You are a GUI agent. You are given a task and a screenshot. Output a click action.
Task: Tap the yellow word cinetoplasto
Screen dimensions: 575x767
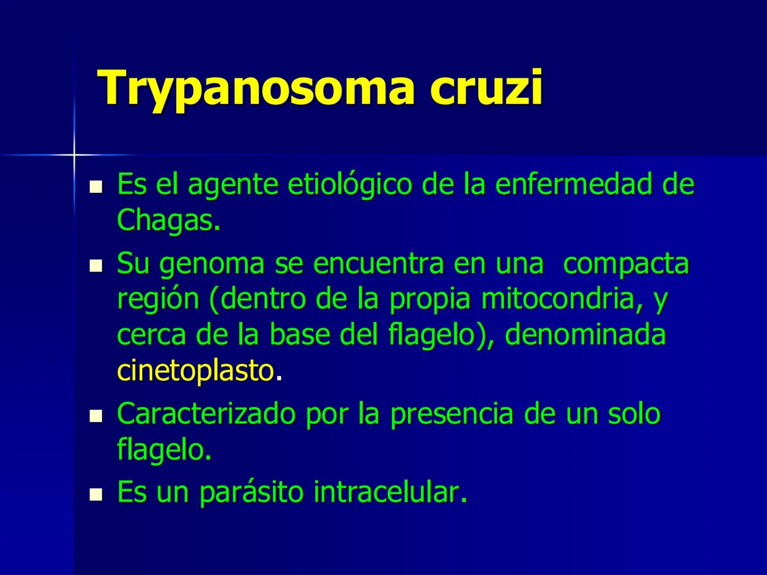pos(195,371)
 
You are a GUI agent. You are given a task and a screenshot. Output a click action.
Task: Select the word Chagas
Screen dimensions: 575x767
pos(167,219)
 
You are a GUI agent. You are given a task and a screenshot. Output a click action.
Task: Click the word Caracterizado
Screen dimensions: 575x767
pos(206,414)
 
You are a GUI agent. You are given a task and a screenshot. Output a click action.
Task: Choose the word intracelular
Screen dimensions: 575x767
pos(390,491)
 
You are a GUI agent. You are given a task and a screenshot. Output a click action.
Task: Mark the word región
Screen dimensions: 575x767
pos(158,300)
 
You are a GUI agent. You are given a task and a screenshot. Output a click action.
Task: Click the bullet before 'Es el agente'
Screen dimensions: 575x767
pos(96,187)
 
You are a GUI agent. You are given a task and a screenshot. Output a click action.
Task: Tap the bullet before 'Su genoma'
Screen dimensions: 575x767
pos(96,265)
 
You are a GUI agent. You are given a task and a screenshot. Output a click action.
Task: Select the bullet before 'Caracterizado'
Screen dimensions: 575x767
pos(96,415)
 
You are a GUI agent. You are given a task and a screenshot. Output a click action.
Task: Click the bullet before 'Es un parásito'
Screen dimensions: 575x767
pos(96,495)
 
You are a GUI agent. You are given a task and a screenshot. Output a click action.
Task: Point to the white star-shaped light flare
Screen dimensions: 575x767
pos(74,154)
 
